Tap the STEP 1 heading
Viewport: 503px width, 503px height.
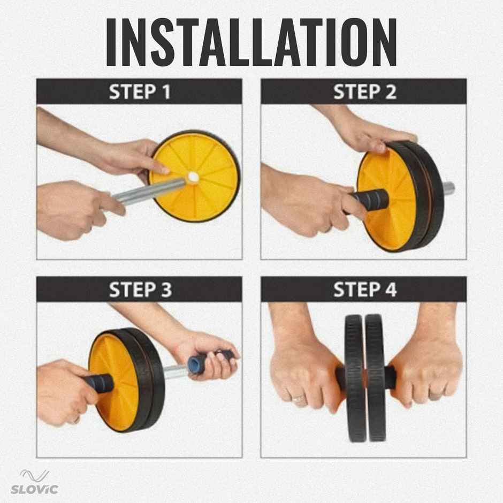[x=140, y=92]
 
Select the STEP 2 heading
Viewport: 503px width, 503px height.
[x=364, y=92]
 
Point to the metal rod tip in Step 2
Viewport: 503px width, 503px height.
[x=449, y=188]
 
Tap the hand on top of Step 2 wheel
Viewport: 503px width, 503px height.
[x=369, y=131]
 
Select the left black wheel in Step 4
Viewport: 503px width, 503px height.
[x=354, y=377]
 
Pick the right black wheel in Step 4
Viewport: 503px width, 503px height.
[x=375, y=377]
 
